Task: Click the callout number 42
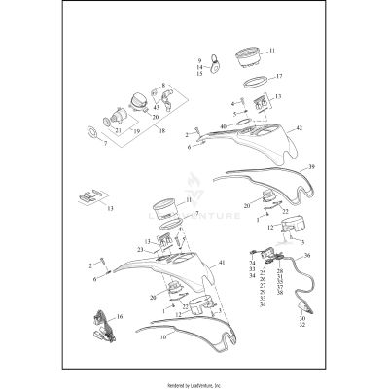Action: pos(299,128)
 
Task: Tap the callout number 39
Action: pos(311,167)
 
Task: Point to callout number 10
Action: pos(162,337)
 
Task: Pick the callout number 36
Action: pos(307,255)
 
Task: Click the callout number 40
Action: pos(223,127)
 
